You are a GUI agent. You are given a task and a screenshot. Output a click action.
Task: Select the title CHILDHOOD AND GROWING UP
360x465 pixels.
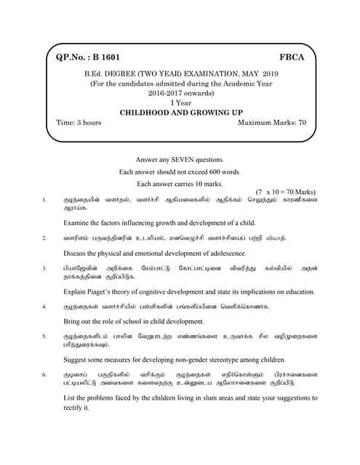pyautogui.click(x=180, y=113)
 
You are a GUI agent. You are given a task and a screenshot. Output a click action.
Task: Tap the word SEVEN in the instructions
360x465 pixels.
pyautogui.click(x=185, y=159)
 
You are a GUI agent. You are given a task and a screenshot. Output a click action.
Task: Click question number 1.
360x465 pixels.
pyautogui.click(x=44, y=199)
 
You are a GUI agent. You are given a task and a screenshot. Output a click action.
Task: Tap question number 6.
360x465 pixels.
pyautogui.click(x=44, y=373)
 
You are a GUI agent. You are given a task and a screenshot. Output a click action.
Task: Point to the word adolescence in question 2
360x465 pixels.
pyautogui.click(x=224, y=253)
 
